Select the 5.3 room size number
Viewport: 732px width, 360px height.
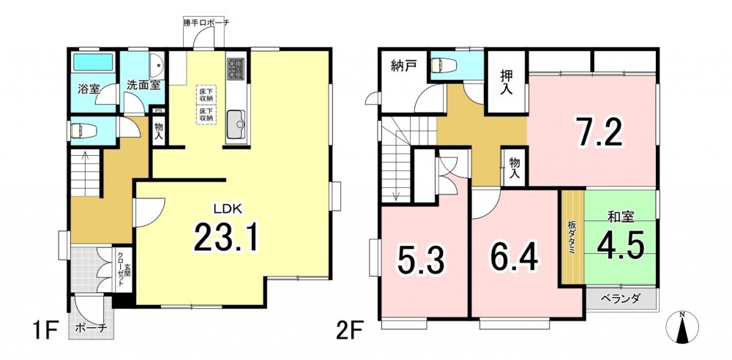(421, 260)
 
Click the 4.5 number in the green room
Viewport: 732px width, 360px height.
(621, 244)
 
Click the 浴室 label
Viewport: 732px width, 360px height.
(89, 89)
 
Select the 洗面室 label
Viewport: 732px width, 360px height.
(143, 86)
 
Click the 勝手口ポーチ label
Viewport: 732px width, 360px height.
(206, 22)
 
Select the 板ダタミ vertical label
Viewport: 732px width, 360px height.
(572, 236)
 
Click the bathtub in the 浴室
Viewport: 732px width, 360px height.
(94, 61)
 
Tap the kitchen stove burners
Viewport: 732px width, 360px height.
(236, 68)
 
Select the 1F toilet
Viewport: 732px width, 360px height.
(83, 130)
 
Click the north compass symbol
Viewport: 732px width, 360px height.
(682, 328)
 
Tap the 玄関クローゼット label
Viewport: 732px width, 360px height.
(123, 269)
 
